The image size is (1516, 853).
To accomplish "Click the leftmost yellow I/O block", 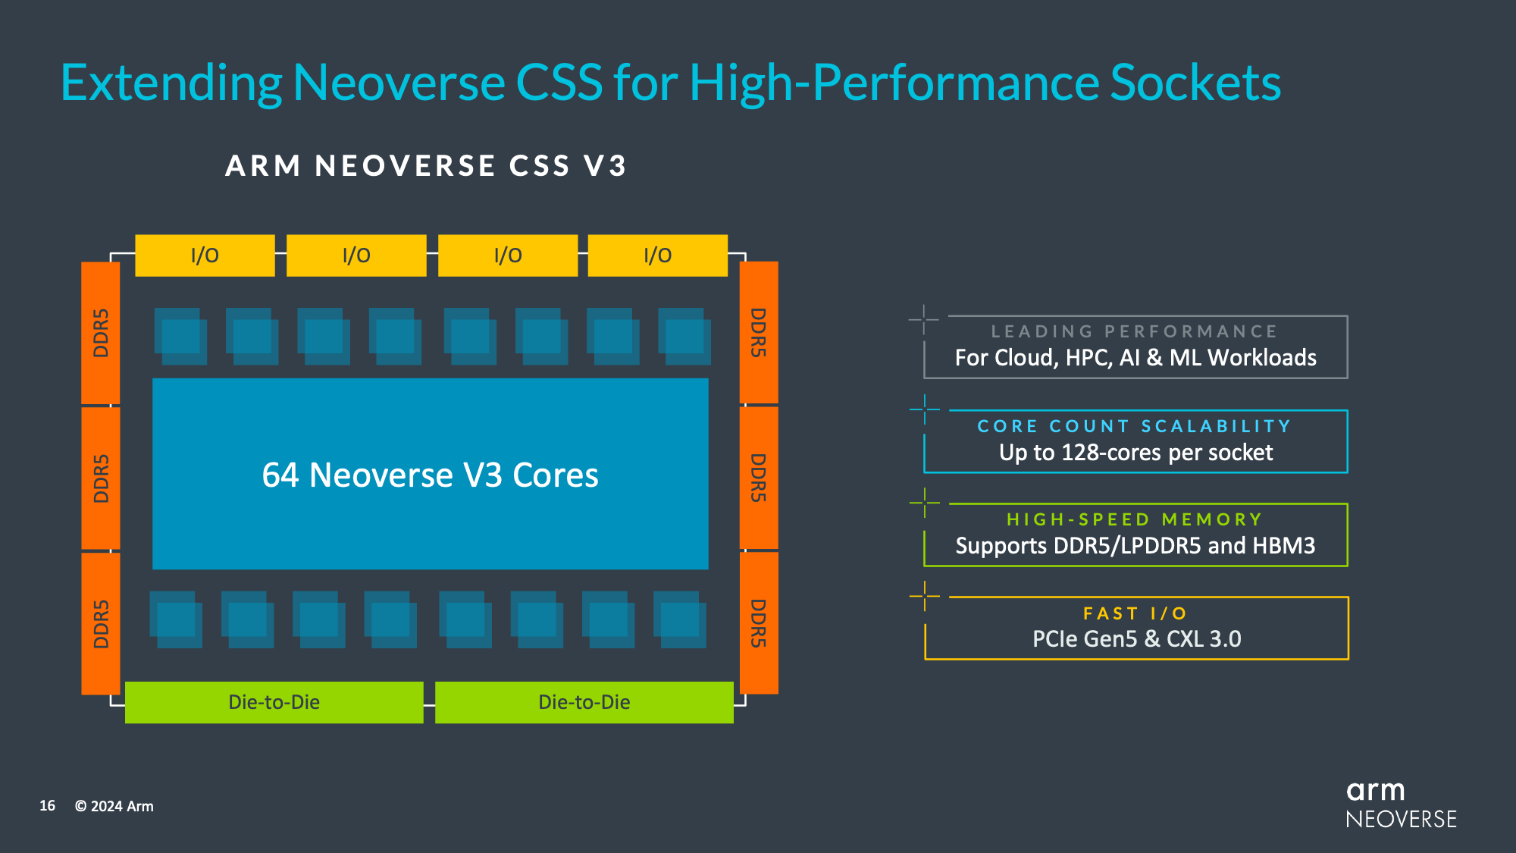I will [205, 256].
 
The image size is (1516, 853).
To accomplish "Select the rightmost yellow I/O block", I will [657, 256].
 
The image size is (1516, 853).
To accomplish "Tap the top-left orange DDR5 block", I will [101, 333].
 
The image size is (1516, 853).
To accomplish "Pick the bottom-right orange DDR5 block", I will [759, 623].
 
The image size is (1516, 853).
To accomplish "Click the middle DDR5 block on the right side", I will [759, 478].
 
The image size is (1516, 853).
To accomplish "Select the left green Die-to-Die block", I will [274, 702].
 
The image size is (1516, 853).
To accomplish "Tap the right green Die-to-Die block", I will [584, 702].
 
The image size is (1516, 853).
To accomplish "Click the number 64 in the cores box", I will [280, 475].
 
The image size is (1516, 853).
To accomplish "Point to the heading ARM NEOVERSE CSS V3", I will [426, 166].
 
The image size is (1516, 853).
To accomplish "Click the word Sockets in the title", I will [1195, 83].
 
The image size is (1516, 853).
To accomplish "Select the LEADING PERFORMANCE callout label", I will [1135, 331].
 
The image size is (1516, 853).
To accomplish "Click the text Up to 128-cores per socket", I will [1135, 453].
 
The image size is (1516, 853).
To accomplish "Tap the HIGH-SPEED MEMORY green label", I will [1135, 519].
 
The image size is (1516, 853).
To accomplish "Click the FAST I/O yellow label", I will [1135, 613].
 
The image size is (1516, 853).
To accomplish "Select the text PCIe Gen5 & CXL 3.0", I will [1136, 639].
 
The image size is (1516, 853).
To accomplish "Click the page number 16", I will [47, 806].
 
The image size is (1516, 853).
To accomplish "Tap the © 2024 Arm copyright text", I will [114, 806].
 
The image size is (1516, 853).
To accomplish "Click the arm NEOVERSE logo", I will [1400, 805].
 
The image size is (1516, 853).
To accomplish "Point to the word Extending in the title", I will [171, 83].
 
